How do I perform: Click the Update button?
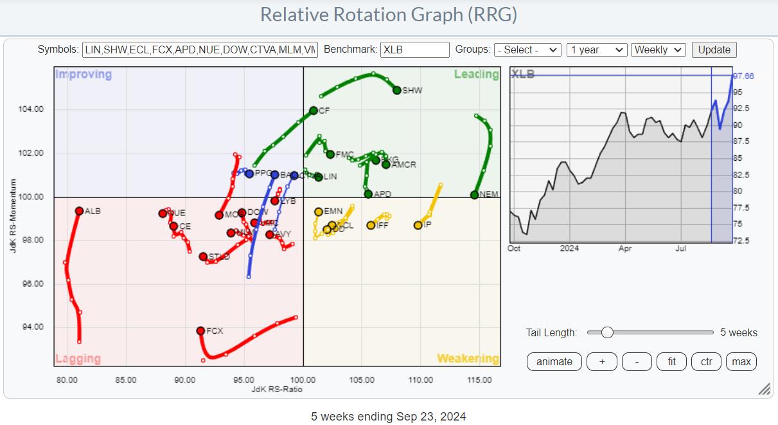[x=714, y=50]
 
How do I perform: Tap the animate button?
[x=554, y=361]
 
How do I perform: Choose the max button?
[x=741, y=361]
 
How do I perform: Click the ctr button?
[x=706, y=361]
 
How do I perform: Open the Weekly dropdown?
[x=659, y=50]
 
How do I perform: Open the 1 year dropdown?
[x=597, y=50]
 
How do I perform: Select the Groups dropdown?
[x=527, y=50]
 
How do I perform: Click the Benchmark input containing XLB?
[x=414, y=50]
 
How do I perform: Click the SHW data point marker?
[x=397, y=90]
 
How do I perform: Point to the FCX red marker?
[x=200, y=330]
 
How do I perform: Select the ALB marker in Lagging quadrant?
[x=79, y=211]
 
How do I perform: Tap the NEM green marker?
[x=474, y=194]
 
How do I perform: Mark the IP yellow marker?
[x=418, y=225]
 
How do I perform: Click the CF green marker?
[x=314, y=111]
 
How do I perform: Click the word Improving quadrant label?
[x=84, y=75]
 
